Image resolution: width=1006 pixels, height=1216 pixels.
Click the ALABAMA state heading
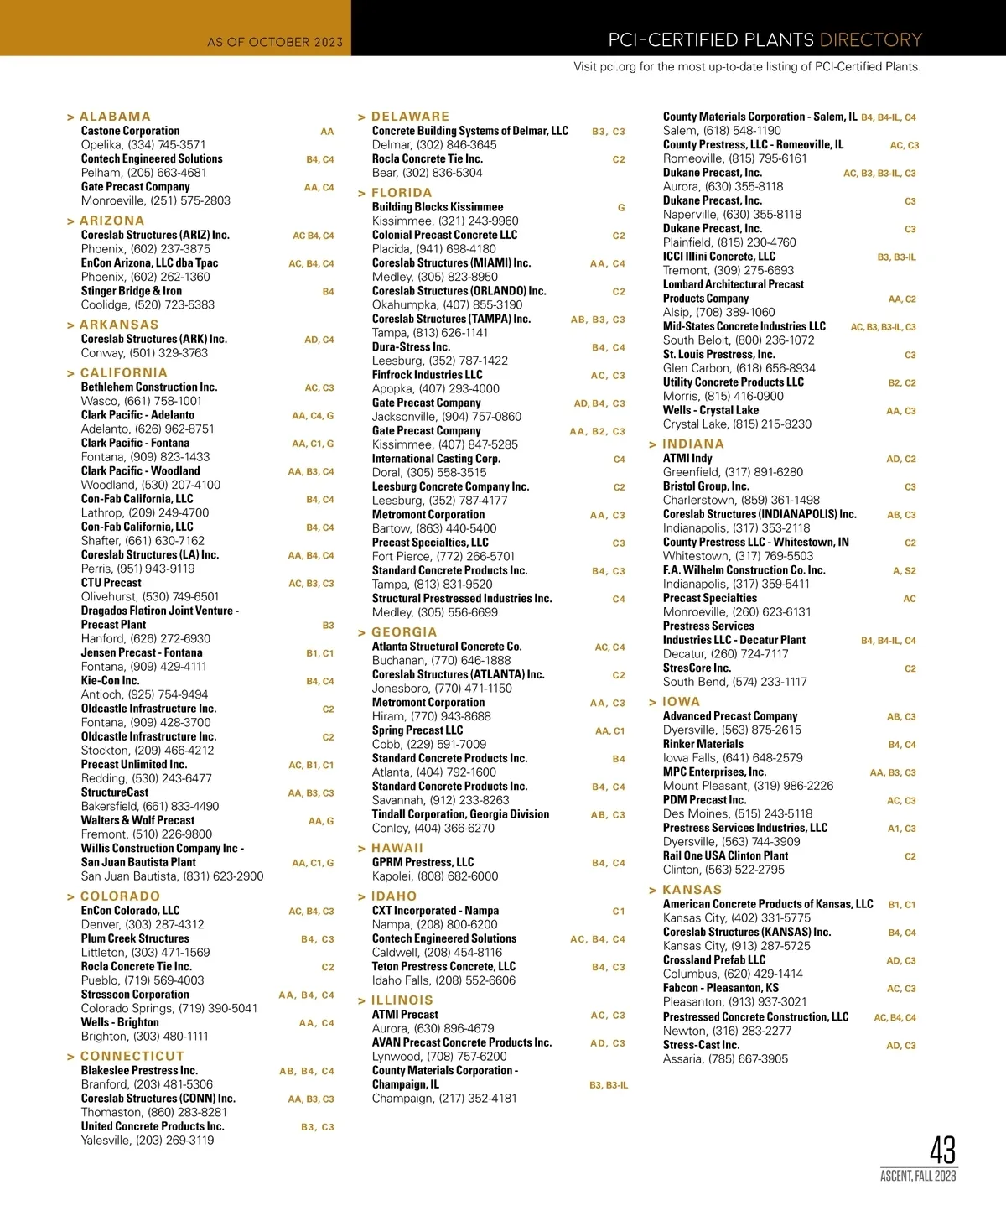click(x=115, y=117)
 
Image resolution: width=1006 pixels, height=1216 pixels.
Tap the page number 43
click(x=942, y=1150)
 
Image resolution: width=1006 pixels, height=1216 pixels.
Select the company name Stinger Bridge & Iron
click(x=132, y=291)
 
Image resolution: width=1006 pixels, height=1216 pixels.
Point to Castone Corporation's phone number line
click(x=143, y=144)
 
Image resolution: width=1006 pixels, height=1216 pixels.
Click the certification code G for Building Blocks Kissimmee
click(x=621, y=207)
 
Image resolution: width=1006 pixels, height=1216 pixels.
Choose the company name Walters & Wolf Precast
click(x=137, y=820)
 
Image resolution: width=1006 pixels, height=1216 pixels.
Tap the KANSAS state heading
click(x=692, y=890)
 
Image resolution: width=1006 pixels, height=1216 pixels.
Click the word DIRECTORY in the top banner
click(x=870, y=39)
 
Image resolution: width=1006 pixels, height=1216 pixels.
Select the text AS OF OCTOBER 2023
click(x=275, y=42)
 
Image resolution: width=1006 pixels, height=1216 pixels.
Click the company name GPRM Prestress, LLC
click(x=423, y=862)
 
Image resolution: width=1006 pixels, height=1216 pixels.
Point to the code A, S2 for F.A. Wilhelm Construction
click(x=904, y=570)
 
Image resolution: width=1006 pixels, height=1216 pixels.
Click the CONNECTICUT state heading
click(x=132, y=1056)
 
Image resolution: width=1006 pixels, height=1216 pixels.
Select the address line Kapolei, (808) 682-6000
click(x=435, y=876)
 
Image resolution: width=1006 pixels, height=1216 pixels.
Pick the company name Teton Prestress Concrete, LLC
click(x=443, y=966)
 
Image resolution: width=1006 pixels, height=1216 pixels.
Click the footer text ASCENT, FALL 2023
click(x=918, y=1176)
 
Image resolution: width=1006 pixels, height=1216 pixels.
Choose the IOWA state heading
click(x=681, y=702)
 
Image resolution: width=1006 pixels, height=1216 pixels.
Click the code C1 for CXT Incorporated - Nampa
click(x=619, y=911)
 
